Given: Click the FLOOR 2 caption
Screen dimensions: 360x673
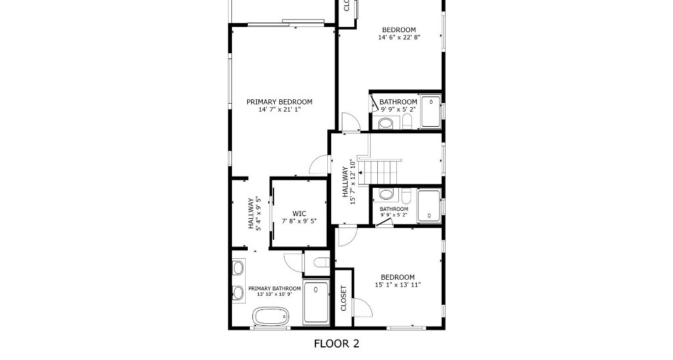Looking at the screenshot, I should tap(336, 343).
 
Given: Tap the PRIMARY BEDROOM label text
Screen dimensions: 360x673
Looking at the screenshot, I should tap(279, 102).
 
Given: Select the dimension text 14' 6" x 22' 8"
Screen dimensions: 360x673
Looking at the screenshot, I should tap(399, 37).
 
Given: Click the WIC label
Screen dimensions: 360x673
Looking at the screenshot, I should tap(299, 214).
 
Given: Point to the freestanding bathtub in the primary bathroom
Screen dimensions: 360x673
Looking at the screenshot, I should tap(271, 316).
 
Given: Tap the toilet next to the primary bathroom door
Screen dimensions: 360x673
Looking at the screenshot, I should tap(321, 263).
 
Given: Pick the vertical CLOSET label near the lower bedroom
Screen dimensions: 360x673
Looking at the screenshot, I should tap(344, 298).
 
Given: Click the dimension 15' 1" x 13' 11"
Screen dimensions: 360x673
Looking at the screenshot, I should tap(398, 285).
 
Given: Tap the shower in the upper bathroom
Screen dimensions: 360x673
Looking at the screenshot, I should tap(430, 112).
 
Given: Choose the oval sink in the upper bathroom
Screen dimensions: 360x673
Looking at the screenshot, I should tap(386, 124).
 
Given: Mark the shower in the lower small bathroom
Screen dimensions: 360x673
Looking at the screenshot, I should tap(429, 206).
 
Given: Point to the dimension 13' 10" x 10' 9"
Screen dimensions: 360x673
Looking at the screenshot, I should tap(274, 294).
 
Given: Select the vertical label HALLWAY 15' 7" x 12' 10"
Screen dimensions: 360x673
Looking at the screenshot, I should tap(348, 182).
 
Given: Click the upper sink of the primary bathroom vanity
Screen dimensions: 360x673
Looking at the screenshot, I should tap(238, 267).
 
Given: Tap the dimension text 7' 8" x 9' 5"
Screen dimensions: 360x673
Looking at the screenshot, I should tap(299, 221).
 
